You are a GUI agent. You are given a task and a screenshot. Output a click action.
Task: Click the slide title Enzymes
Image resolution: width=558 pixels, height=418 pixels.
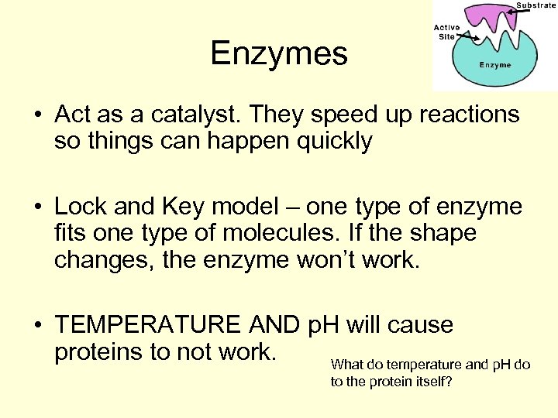point(278,54)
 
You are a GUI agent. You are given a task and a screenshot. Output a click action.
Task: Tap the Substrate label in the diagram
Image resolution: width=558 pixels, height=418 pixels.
point(536,5)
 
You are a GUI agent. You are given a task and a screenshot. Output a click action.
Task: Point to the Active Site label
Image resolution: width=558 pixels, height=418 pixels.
point(446,31)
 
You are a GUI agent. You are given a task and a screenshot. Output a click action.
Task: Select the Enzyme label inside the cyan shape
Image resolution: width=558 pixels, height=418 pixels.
point(494,66)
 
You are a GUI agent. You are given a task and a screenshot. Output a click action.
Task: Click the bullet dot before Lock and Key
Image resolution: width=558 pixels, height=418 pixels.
point(37,208)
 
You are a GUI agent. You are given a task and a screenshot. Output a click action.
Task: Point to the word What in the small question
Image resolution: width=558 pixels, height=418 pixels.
point(346,364)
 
